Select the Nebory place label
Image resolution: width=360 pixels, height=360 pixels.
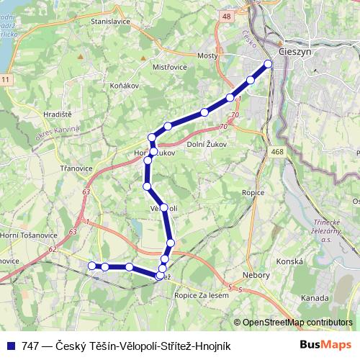[x=256, y=275]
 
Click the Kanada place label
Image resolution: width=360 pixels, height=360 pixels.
[x=316, y=298]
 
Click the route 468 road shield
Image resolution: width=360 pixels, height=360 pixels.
[x=278, y=151]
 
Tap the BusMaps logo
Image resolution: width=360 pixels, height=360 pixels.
[x=325, y=346]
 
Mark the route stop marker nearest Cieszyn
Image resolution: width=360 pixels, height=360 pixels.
[x=269, y=64]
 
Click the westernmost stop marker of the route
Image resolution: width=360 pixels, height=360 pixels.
[x=91, y=266]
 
